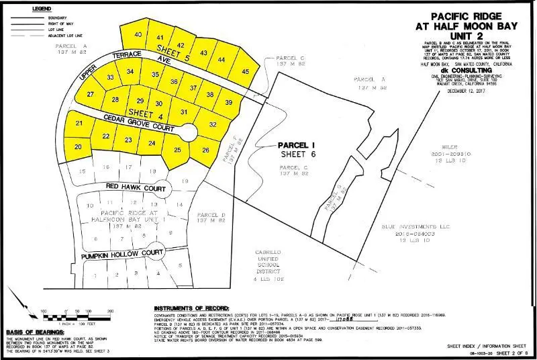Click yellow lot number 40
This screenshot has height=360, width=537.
click(138, 34)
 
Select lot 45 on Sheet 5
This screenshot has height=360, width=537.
click(246, 71)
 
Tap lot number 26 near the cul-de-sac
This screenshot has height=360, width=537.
click(205, 150)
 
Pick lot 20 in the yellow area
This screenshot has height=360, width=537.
click(79, 146)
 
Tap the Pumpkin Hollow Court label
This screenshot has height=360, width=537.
click(122, 255)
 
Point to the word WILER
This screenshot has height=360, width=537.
click(449, 146)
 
